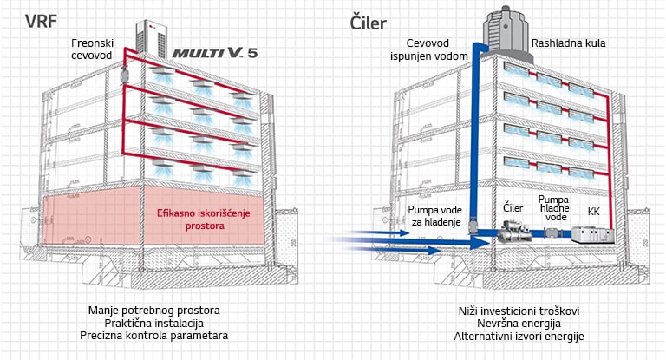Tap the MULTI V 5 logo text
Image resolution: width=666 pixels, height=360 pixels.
point(213,53)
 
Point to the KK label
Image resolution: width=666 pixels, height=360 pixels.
point(593,211)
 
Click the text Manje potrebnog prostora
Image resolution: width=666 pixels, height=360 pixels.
point(153,310)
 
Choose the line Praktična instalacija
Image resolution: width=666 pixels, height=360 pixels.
point(153,323)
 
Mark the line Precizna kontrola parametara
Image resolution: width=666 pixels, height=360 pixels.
point(153,336)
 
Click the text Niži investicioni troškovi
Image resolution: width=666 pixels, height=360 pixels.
point(519,310)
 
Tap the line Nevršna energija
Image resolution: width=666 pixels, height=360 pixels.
point(519,323)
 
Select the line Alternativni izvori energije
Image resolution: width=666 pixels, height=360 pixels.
point(519,336)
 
